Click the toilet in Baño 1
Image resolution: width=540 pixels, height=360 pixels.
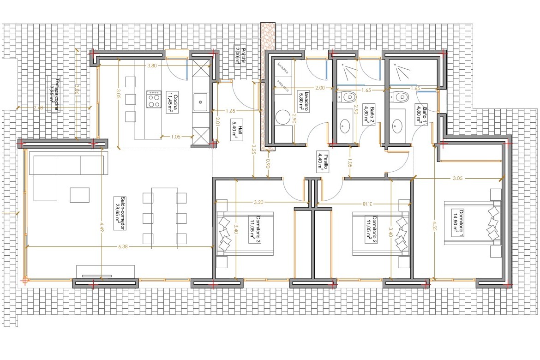tap(400, 97)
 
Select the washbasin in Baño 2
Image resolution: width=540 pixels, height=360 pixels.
tap(345, 125)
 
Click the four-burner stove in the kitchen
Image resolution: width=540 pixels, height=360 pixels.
tap(153, 99)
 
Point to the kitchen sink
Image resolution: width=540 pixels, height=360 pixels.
tap(201, 100)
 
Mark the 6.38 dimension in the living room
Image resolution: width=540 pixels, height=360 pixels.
tap(123, 247)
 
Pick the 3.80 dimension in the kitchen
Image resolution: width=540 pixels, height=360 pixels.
tap(151, 66)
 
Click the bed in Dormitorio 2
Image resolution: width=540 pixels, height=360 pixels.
tap(381, 233)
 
